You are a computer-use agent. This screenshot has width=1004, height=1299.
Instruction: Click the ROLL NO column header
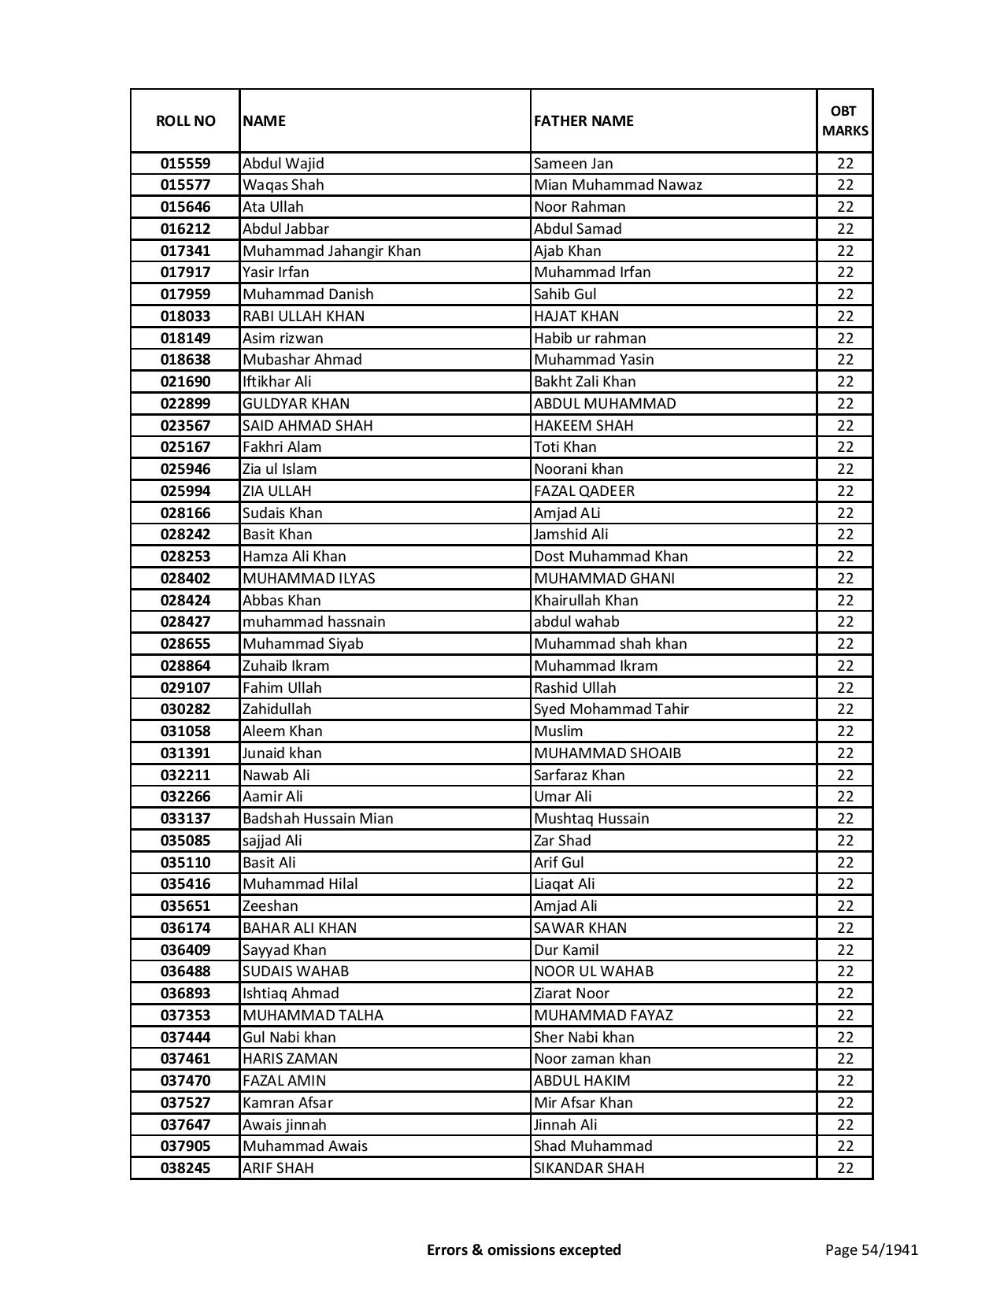(185, 121)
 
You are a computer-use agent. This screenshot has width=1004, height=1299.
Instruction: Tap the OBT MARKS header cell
(845, 121)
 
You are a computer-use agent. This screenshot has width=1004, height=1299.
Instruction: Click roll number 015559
(185, 164)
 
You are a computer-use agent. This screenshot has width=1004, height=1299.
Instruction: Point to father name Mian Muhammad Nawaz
(617, 185)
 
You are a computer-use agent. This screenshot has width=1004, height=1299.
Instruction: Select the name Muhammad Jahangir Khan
(332, 251)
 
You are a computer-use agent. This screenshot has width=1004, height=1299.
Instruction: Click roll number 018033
(185, 316)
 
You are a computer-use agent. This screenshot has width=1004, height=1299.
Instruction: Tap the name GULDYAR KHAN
(296, 404)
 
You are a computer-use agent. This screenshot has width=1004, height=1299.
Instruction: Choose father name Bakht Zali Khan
(584, 382)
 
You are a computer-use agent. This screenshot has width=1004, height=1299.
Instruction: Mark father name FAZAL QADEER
(584, 491)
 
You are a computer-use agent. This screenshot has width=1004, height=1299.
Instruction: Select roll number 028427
(185, 622)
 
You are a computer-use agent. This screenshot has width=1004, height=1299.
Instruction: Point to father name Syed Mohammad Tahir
(611, 709)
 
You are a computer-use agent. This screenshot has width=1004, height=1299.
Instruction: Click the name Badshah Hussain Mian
(317, 819)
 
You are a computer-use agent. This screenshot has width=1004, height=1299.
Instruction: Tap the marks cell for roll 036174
(845, 928)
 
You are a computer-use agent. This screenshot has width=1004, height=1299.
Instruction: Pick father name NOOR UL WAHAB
(593, 971)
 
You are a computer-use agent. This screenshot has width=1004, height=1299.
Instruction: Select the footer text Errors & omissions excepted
(524, 1249)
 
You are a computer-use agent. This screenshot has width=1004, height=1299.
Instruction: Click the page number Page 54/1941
(871, 1249)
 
